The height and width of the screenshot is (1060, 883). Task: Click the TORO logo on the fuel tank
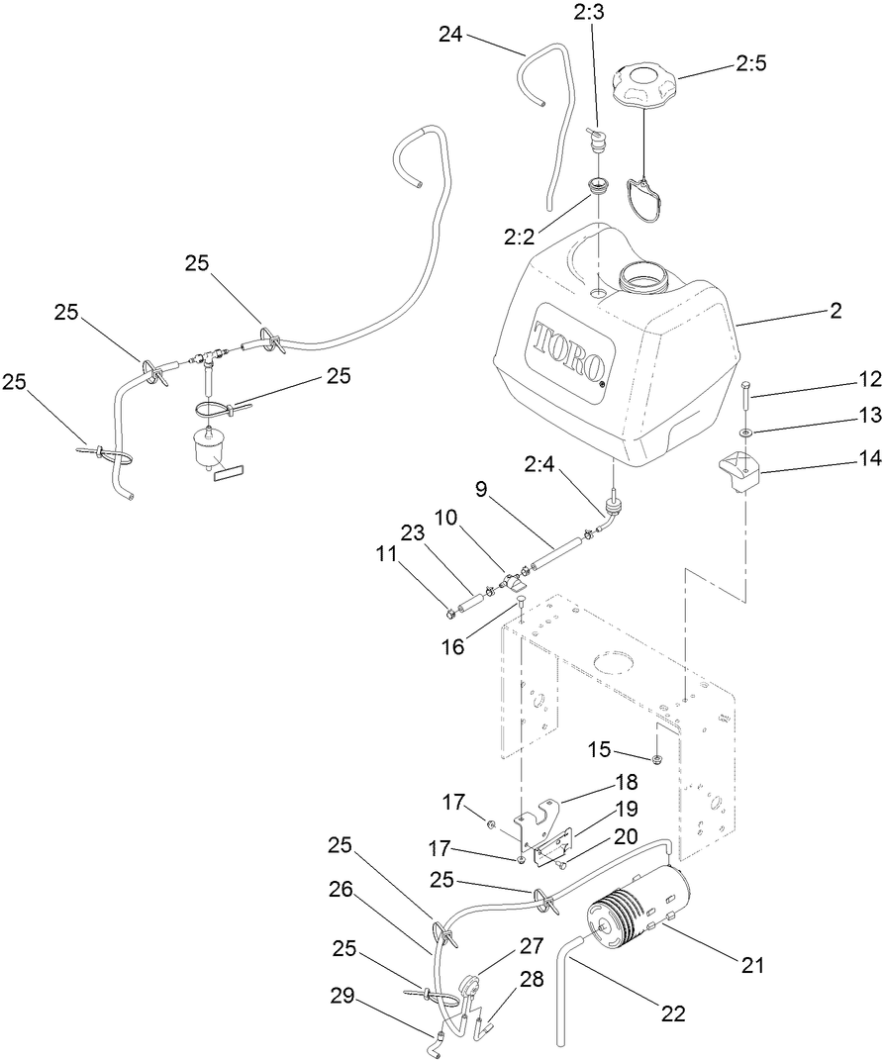(569, 351)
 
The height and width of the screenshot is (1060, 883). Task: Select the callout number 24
(451, 34)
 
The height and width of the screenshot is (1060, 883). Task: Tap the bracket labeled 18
(541, 815)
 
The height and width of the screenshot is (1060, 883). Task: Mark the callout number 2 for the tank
(835, 311)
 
